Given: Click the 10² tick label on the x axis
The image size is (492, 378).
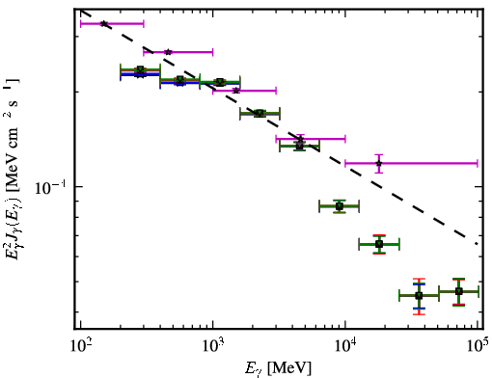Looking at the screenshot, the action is [81, 346].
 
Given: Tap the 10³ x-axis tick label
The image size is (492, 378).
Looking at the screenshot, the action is [213, 346].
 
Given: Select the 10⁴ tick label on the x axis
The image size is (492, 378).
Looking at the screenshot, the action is [345, 346].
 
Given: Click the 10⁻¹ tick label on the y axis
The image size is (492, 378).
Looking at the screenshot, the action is [50, 187].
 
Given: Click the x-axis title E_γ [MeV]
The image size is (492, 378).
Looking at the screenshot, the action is [278, 368].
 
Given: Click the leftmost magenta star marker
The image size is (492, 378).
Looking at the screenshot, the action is [104, 23].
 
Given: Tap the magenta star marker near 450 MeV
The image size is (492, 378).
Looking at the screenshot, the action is [168, 52].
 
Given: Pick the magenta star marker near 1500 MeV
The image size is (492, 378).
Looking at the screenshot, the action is [236, 91].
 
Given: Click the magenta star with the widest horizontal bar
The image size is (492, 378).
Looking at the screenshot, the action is [379, 163].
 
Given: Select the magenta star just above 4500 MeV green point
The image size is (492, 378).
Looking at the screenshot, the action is [300, 139].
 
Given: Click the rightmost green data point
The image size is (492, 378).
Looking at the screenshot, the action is [459, 291].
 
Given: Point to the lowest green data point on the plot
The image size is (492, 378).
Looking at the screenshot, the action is [419, 295].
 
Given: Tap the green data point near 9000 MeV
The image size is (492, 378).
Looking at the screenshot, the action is [340, 206].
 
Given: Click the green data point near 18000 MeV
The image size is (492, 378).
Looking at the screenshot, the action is [379, 244].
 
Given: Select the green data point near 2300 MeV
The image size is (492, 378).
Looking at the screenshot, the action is [260, 113].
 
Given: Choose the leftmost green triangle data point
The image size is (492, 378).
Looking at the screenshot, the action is [140, 69].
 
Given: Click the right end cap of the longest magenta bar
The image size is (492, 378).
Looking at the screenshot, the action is [478, 163].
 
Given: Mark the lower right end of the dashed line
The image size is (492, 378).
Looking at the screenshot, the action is [477, 244].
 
